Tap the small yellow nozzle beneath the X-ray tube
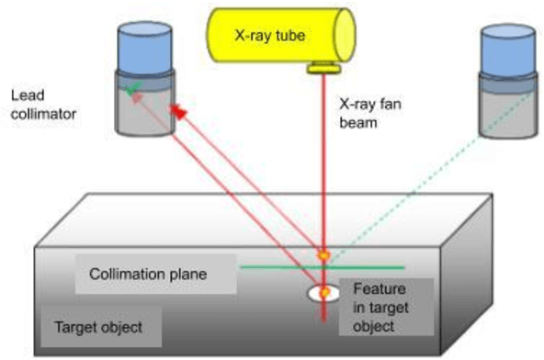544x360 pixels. coord(323,66)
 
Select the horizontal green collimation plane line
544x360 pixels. coord(276,266)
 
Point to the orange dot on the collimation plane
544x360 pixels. coord(323,254)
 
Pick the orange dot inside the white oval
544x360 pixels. coord(323,292)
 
